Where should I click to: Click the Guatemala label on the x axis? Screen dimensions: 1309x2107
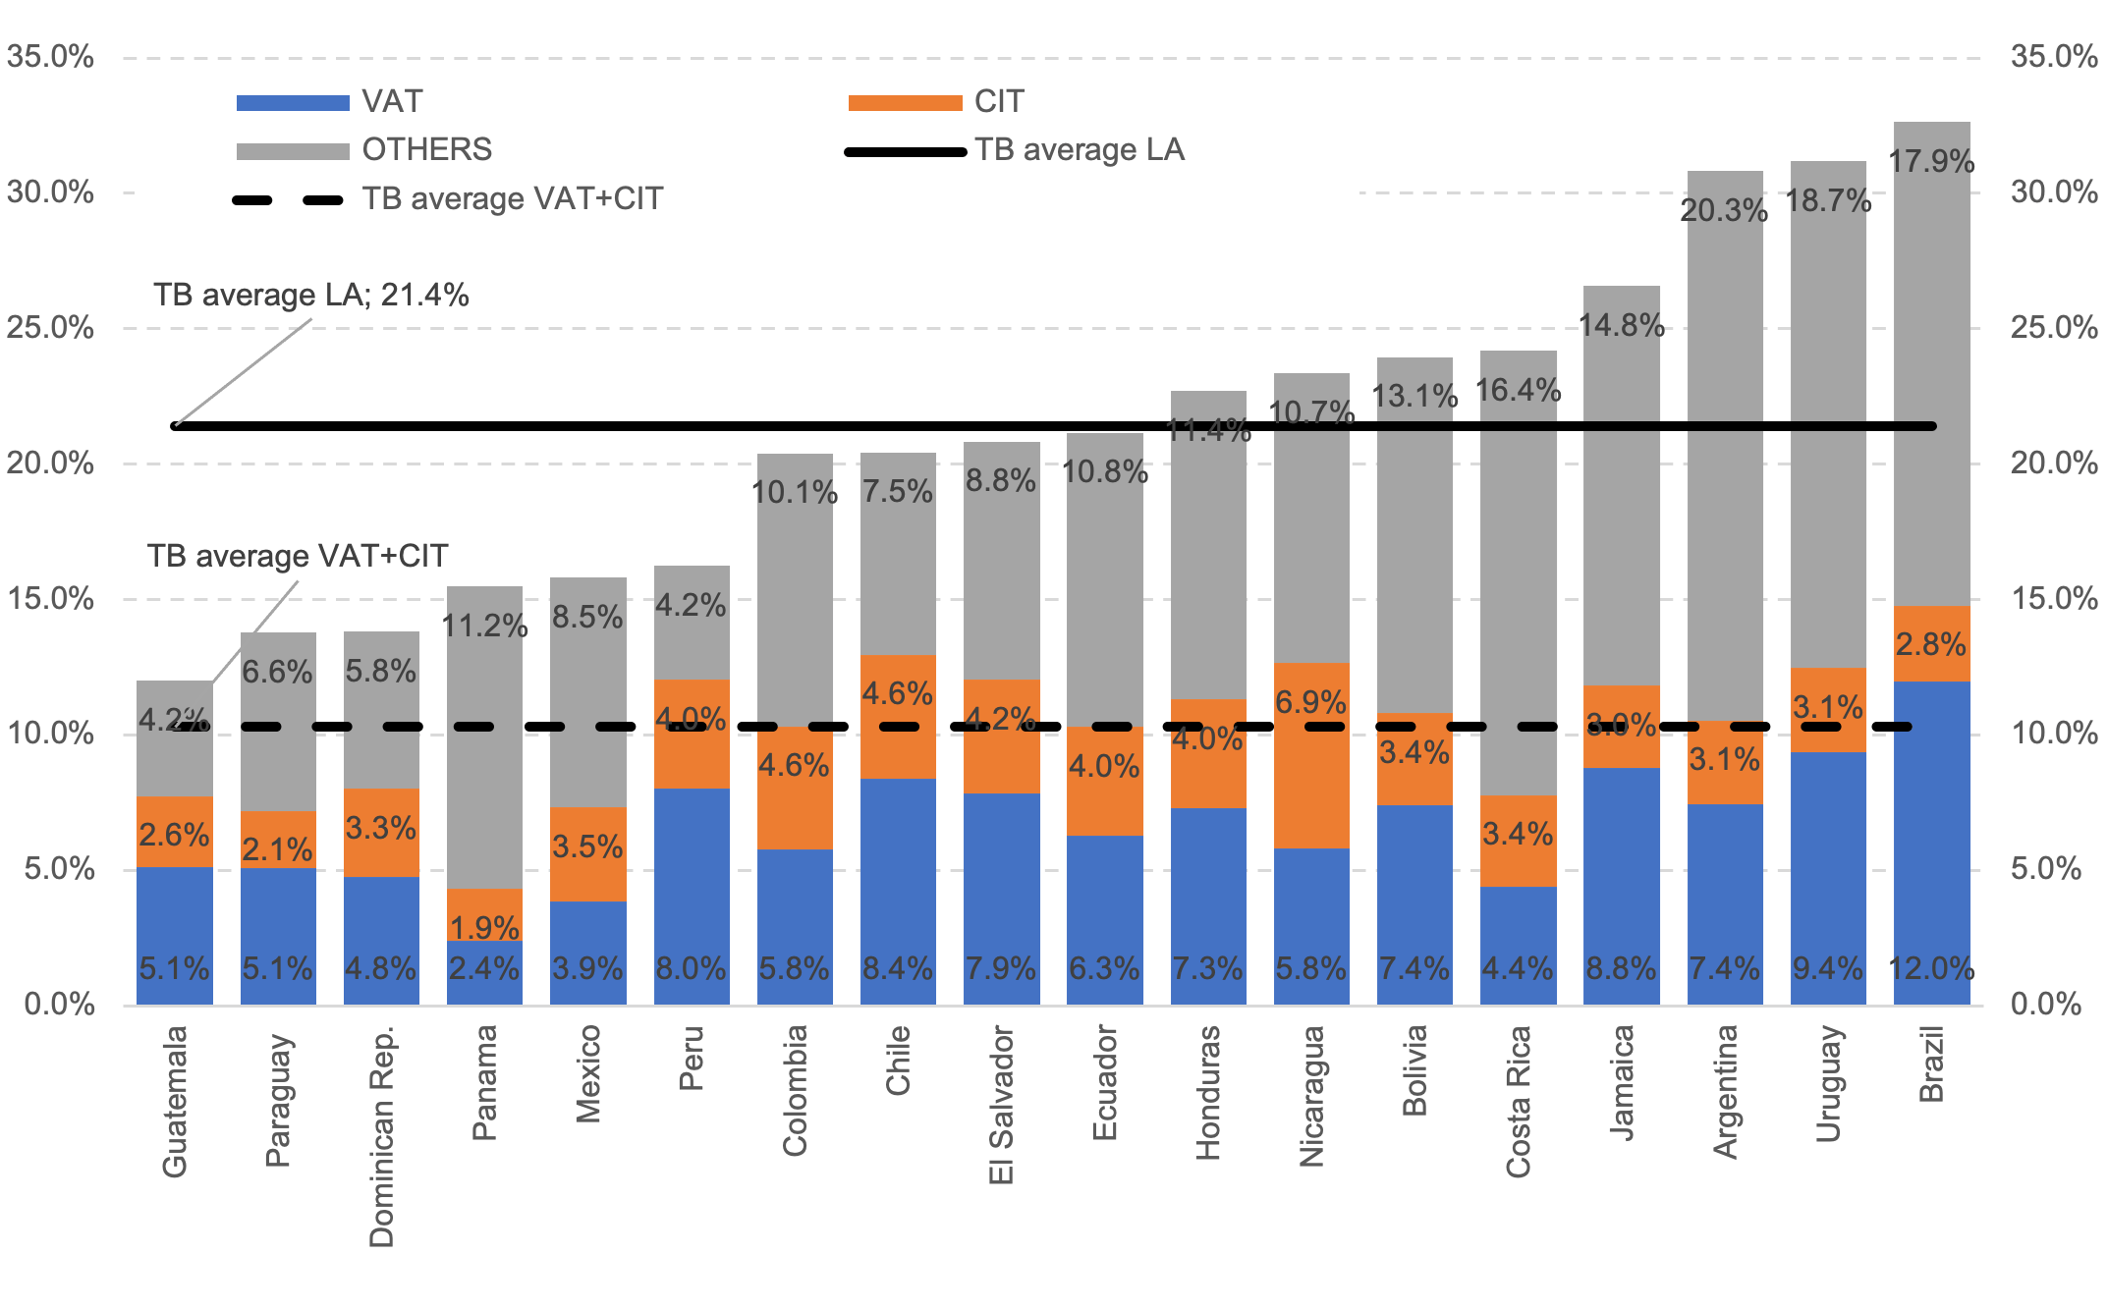175,1101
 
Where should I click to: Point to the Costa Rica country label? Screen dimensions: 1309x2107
1518,1101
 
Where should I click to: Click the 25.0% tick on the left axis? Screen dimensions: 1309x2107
50,327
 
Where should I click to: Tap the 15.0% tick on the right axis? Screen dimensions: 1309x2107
2054,598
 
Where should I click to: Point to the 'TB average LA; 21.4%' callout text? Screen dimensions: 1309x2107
311,295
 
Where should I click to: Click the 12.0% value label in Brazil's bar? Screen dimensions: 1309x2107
1931,968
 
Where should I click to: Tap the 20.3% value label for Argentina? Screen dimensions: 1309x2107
1724,210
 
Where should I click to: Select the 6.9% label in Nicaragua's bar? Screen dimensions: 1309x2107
1311,702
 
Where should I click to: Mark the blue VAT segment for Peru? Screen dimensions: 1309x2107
692,884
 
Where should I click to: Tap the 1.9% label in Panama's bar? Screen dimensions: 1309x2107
484,927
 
